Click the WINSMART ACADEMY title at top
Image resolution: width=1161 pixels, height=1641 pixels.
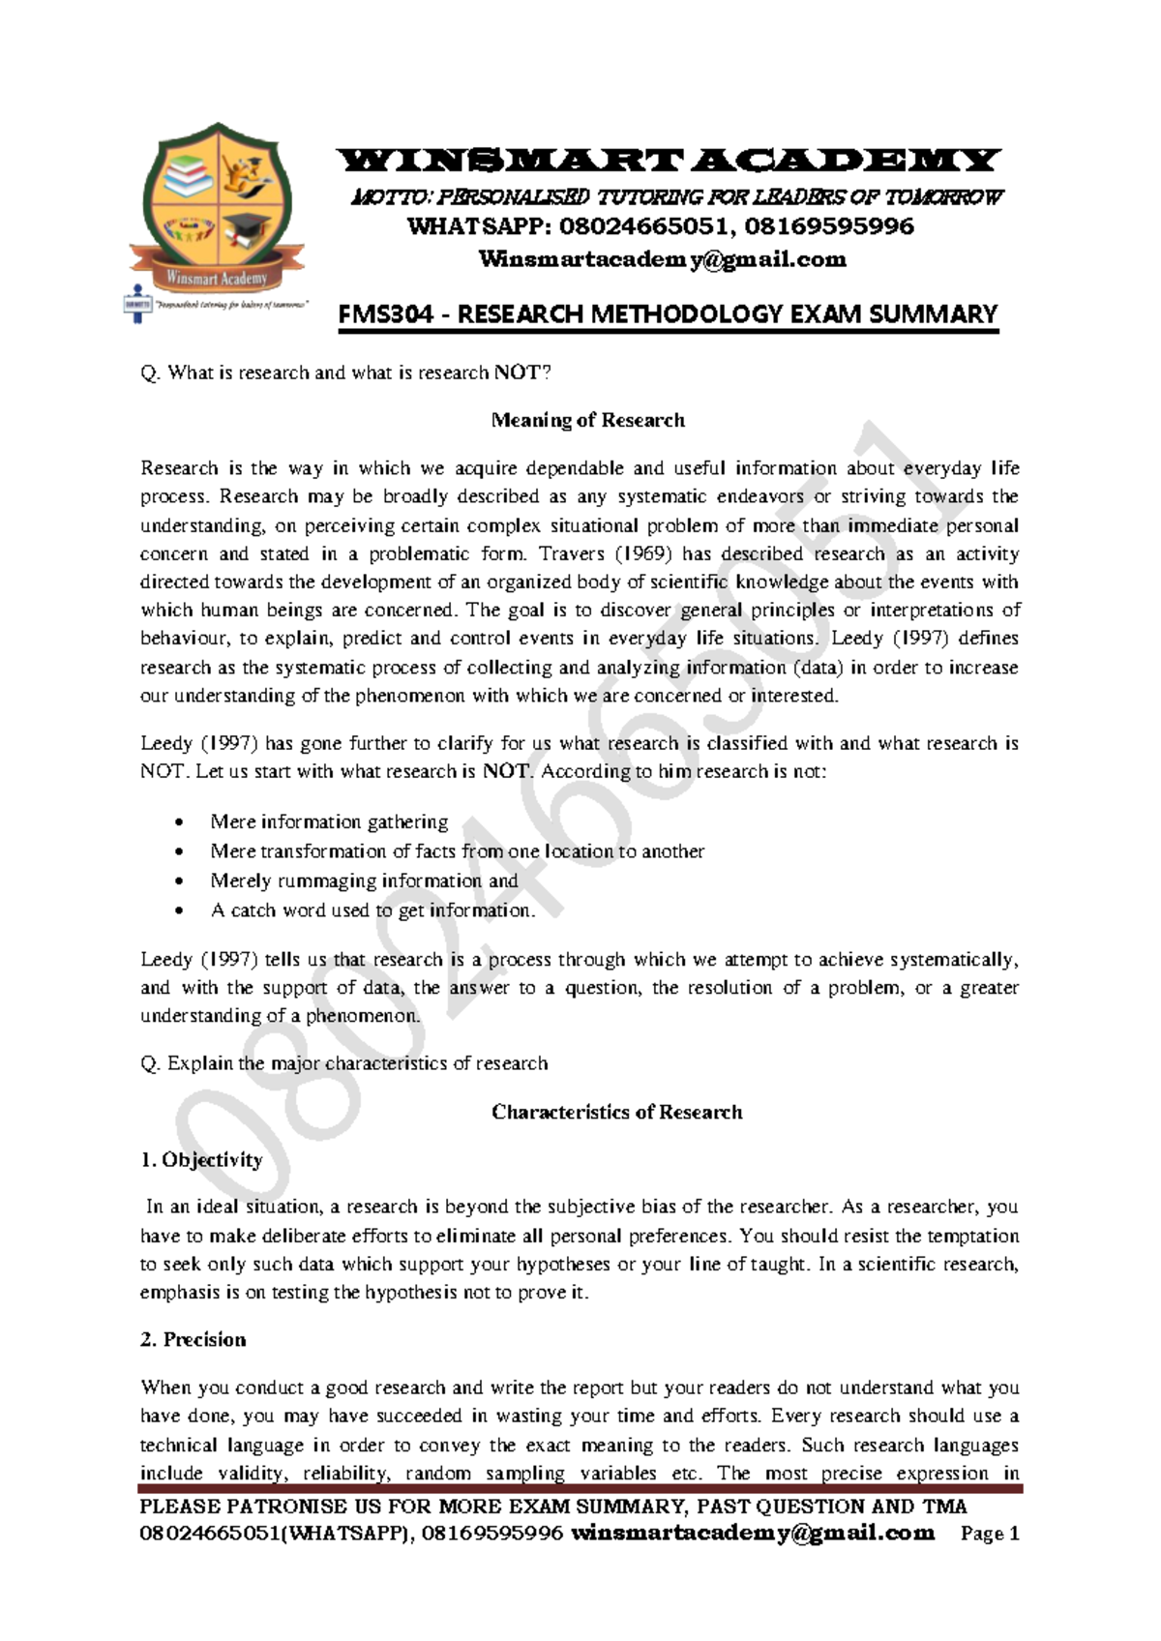pos(667,160)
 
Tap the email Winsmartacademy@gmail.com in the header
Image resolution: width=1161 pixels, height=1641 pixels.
pos(663,259)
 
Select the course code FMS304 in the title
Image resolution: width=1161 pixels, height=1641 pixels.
pos(385,314)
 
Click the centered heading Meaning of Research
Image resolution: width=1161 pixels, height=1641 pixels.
pos(587,420)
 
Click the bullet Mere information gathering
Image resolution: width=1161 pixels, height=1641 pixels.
pos(329,821)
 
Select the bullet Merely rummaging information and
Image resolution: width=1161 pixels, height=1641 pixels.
pos(364,880)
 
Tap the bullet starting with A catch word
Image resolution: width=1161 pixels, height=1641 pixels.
pos(372,910)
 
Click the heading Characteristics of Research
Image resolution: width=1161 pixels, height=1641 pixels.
pos(616,1112)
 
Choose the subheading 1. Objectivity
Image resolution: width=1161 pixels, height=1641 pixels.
pos(201,1159)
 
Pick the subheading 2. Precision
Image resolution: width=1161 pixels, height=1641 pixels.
pos(193,1339)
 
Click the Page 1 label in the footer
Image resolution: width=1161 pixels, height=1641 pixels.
pos(990,1534)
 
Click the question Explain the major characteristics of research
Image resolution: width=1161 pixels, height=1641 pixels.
pos(344,1063)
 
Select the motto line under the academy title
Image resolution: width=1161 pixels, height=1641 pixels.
pos(676,197)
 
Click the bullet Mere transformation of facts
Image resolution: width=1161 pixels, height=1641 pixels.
pos(457,851)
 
